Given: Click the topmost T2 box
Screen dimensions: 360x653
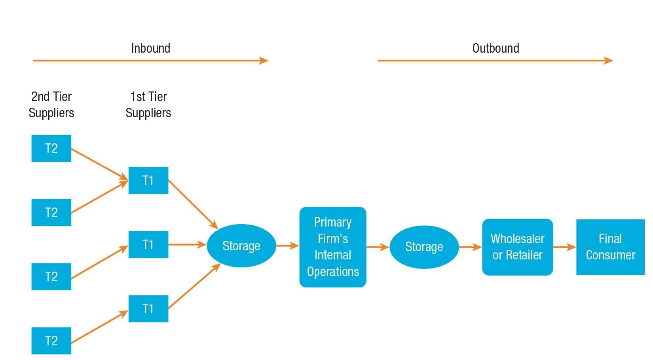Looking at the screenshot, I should point(51,149).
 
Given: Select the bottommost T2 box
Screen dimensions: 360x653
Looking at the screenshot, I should point(51,341).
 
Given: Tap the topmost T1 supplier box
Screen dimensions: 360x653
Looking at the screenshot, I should point(148,181).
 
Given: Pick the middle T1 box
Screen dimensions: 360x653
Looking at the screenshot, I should point(148,245).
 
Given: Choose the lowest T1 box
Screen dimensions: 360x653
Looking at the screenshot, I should point(148,309).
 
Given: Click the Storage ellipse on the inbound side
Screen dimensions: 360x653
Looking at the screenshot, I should point(241,246).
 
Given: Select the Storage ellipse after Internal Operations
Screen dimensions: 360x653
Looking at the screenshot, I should point(424,247).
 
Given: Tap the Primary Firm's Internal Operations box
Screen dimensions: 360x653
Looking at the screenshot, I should point(333,247).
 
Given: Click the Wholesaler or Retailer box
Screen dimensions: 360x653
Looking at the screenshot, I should point(517,247).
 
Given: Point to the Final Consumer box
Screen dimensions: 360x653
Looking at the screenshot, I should point(610,247).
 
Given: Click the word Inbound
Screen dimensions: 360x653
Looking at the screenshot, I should point(151,48).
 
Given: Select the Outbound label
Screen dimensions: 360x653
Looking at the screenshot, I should point(495,48).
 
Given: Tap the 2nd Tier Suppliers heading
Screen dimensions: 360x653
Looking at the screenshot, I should point(51,105).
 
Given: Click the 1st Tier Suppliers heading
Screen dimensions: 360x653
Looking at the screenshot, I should point(148,105).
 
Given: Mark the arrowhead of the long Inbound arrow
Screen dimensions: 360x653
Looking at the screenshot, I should point(264,61).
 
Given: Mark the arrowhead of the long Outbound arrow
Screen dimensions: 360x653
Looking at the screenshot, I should point(609,61).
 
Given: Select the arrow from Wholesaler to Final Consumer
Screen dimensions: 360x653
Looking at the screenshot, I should point(564,247).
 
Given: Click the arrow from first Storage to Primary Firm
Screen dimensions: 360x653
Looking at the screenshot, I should point(287,246).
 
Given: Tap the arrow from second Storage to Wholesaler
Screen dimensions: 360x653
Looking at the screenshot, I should point(470,247).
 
